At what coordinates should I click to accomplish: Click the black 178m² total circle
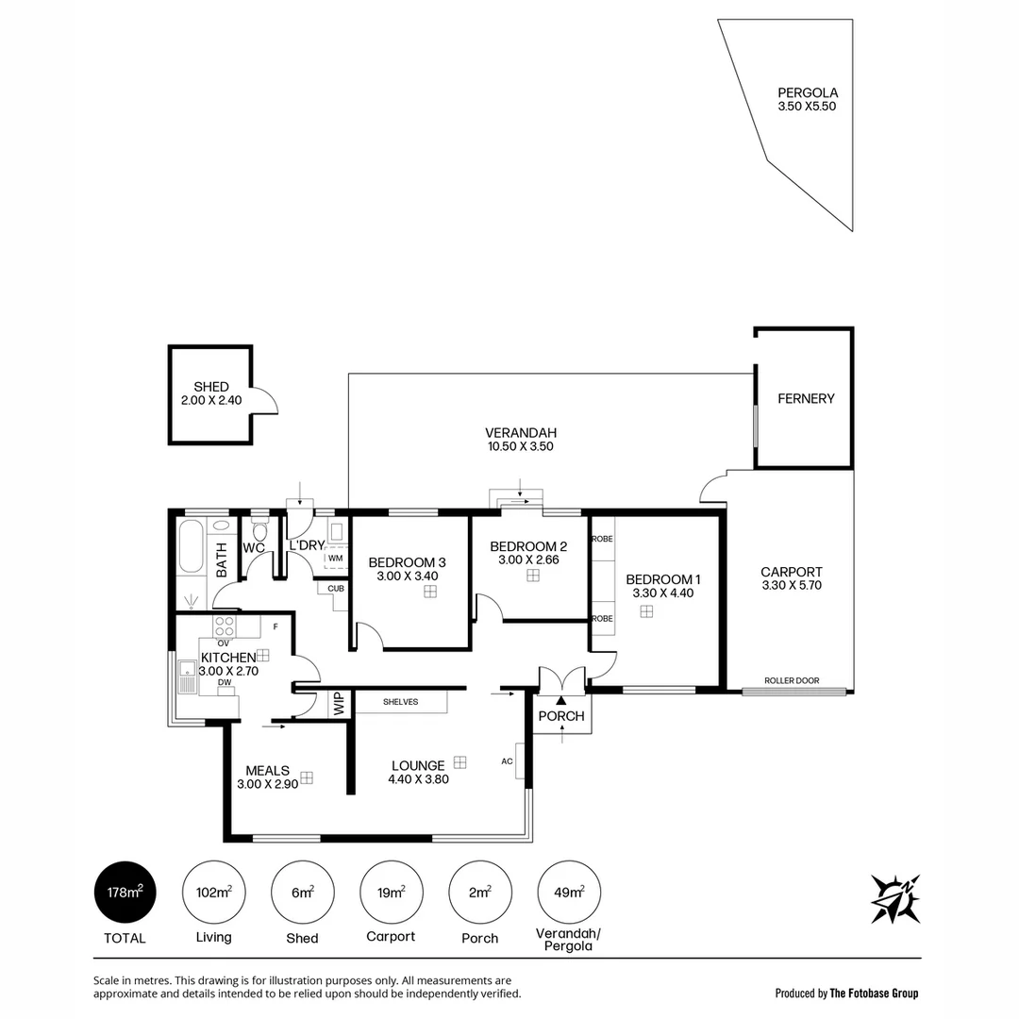point(125,893)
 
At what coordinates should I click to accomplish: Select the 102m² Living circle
point(213,893)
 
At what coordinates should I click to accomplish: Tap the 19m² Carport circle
point(391,893)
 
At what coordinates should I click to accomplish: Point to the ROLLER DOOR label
point(792,680)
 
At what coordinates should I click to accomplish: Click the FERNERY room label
point(806,398)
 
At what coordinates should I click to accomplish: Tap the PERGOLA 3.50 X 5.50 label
point(807,99)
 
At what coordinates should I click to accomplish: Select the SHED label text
point(211,387)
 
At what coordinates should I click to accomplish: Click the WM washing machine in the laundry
point(335,558)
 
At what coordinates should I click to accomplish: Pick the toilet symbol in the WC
point(260,530)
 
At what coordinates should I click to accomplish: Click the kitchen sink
point(186,677)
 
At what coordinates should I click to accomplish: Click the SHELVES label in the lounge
point(401,702)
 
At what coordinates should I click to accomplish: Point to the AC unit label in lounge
point(507,761)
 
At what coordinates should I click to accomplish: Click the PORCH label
point(561,716)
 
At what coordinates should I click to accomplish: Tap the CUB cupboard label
point(335,589)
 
